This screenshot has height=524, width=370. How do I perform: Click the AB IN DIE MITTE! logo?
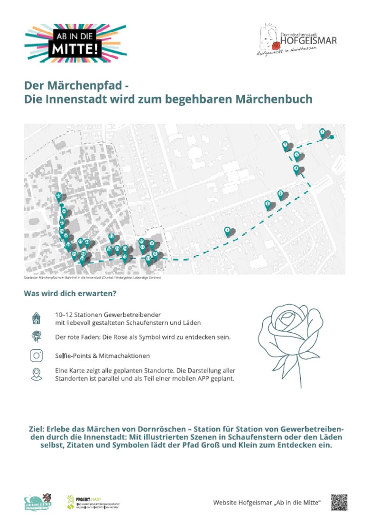tap(75, 43)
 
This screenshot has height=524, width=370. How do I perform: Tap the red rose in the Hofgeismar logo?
tap(275, 46)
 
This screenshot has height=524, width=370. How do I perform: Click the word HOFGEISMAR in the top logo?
tap(308, 41)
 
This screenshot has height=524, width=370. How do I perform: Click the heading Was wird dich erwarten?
tap(70, 293)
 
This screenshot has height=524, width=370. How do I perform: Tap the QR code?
tap(339, 502)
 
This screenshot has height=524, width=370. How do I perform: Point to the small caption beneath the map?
tap(92, 278)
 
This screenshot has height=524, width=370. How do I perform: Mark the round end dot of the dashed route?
tap(332, 137)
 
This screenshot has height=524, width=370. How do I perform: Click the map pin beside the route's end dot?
tap(323, 132)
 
